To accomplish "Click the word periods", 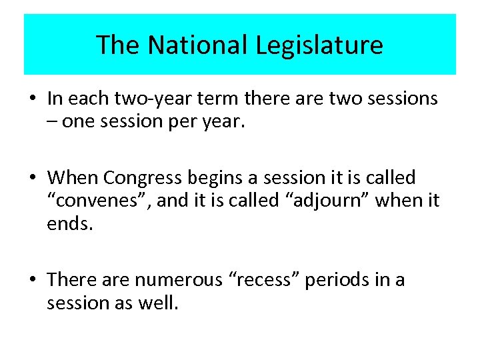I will (340, 279).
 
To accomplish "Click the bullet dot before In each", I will (32, 99).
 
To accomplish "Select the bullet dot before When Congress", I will (32, 179).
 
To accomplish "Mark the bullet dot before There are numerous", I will (32, 280).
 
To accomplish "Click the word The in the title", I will (119, 45).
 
